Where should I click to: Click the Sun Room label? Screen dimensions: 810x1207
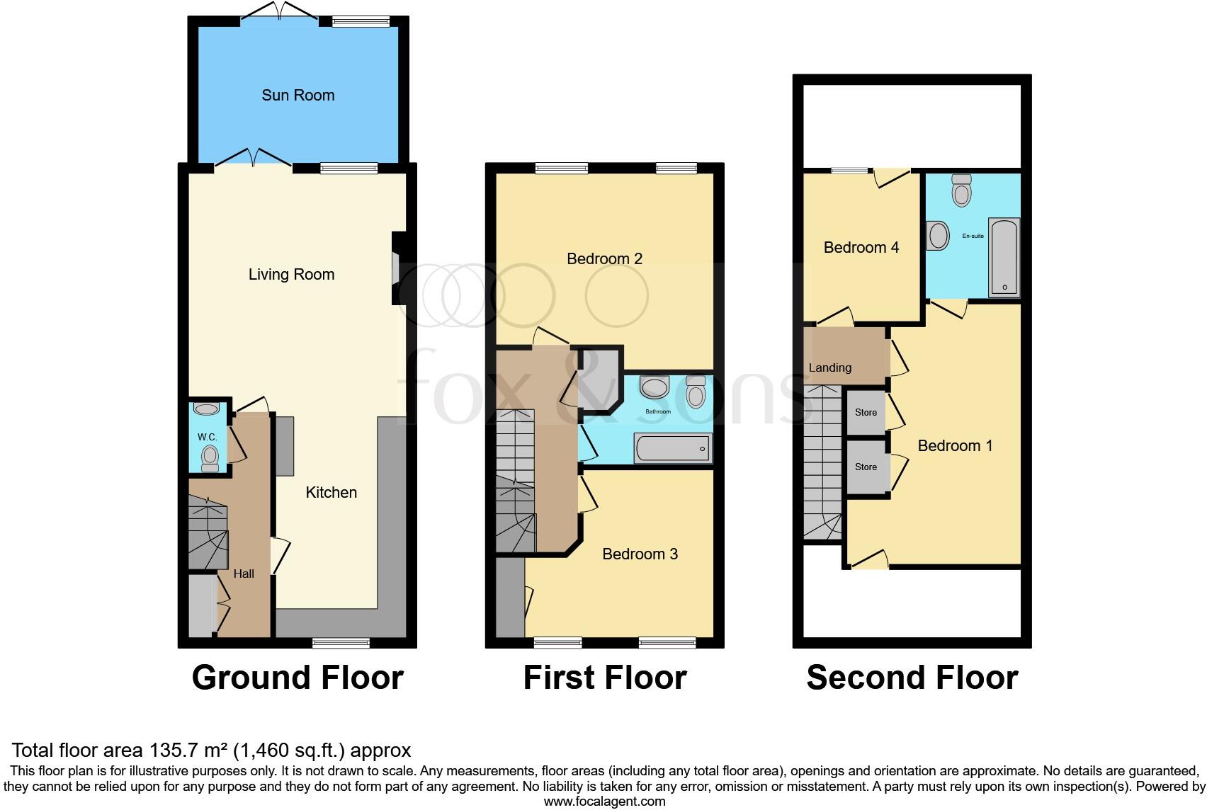[297, 96]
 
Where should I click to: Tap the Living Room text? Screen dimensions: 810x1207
[291, 275]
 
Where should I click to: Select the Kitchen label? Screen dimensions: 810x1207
[331, 493]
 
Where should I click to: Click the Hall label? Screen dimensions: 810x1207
[244, 574]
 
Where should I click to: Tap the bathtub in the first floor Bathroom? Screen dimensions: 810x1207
[673, 449]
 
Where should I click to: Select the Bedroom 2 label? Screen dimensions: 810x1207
[604, 259]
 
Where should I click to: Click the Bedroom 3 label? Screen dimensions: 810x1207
[640, 554]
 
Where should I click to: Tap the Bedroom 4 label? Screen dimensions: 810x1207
[861, 248]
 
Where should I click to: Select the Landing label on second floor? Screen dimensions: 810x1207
[829, 368]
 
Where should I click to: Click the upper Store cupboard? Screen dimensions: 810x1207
[866, 413]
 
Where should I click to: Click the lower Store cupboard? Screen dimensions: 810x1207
[866, 467]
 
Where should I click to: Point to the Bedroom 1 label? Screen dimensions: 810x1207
[955, 446]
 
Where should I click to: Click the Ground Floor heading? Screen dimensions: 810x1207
[297, 678]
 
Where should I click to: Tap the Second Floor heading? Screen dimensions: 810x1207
[912, 678]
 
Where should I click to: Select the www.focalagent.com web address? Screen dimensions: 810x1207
[604, 802]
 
